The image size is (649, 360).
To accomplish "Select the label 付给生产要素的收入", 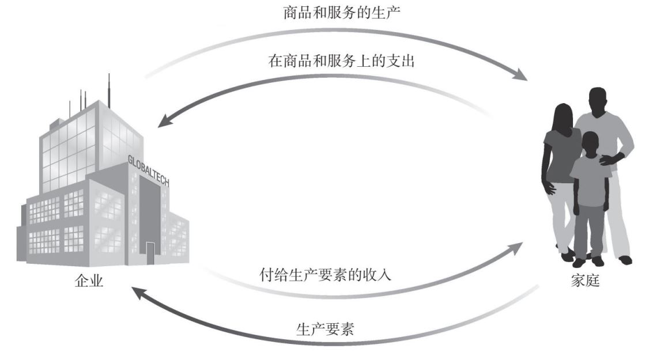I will point(325,274).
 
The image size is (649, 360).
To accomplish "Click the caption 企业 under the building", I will point(89,282).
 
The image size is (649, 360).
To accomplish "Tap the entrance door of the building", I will point(150,252).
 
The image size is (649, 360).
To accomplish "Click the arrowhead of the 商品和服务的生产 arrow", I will point(520,76).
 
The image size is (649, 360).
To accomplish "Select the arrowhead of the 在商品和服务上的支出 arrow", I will point(165,120).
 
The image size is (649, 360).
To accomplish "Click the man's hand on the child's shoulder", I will point(606,160).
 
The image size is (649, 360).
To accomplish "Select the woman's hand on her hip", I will point(550,187).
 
